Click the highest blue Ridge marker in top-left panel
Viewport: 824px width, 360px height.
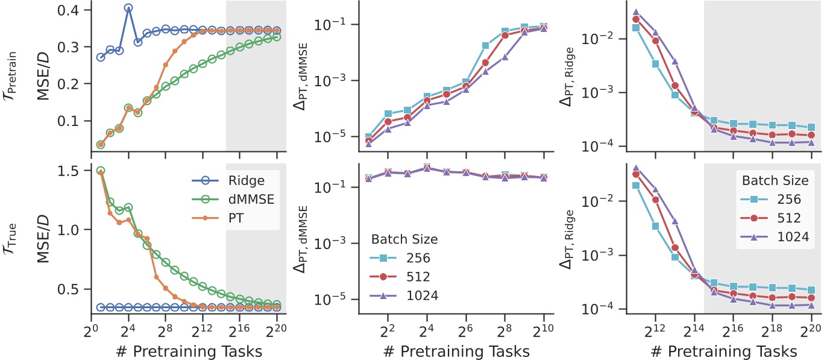[x=128, y=8]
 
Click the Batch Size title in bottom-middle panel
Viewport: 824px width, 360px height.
[x=403, y=239]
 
